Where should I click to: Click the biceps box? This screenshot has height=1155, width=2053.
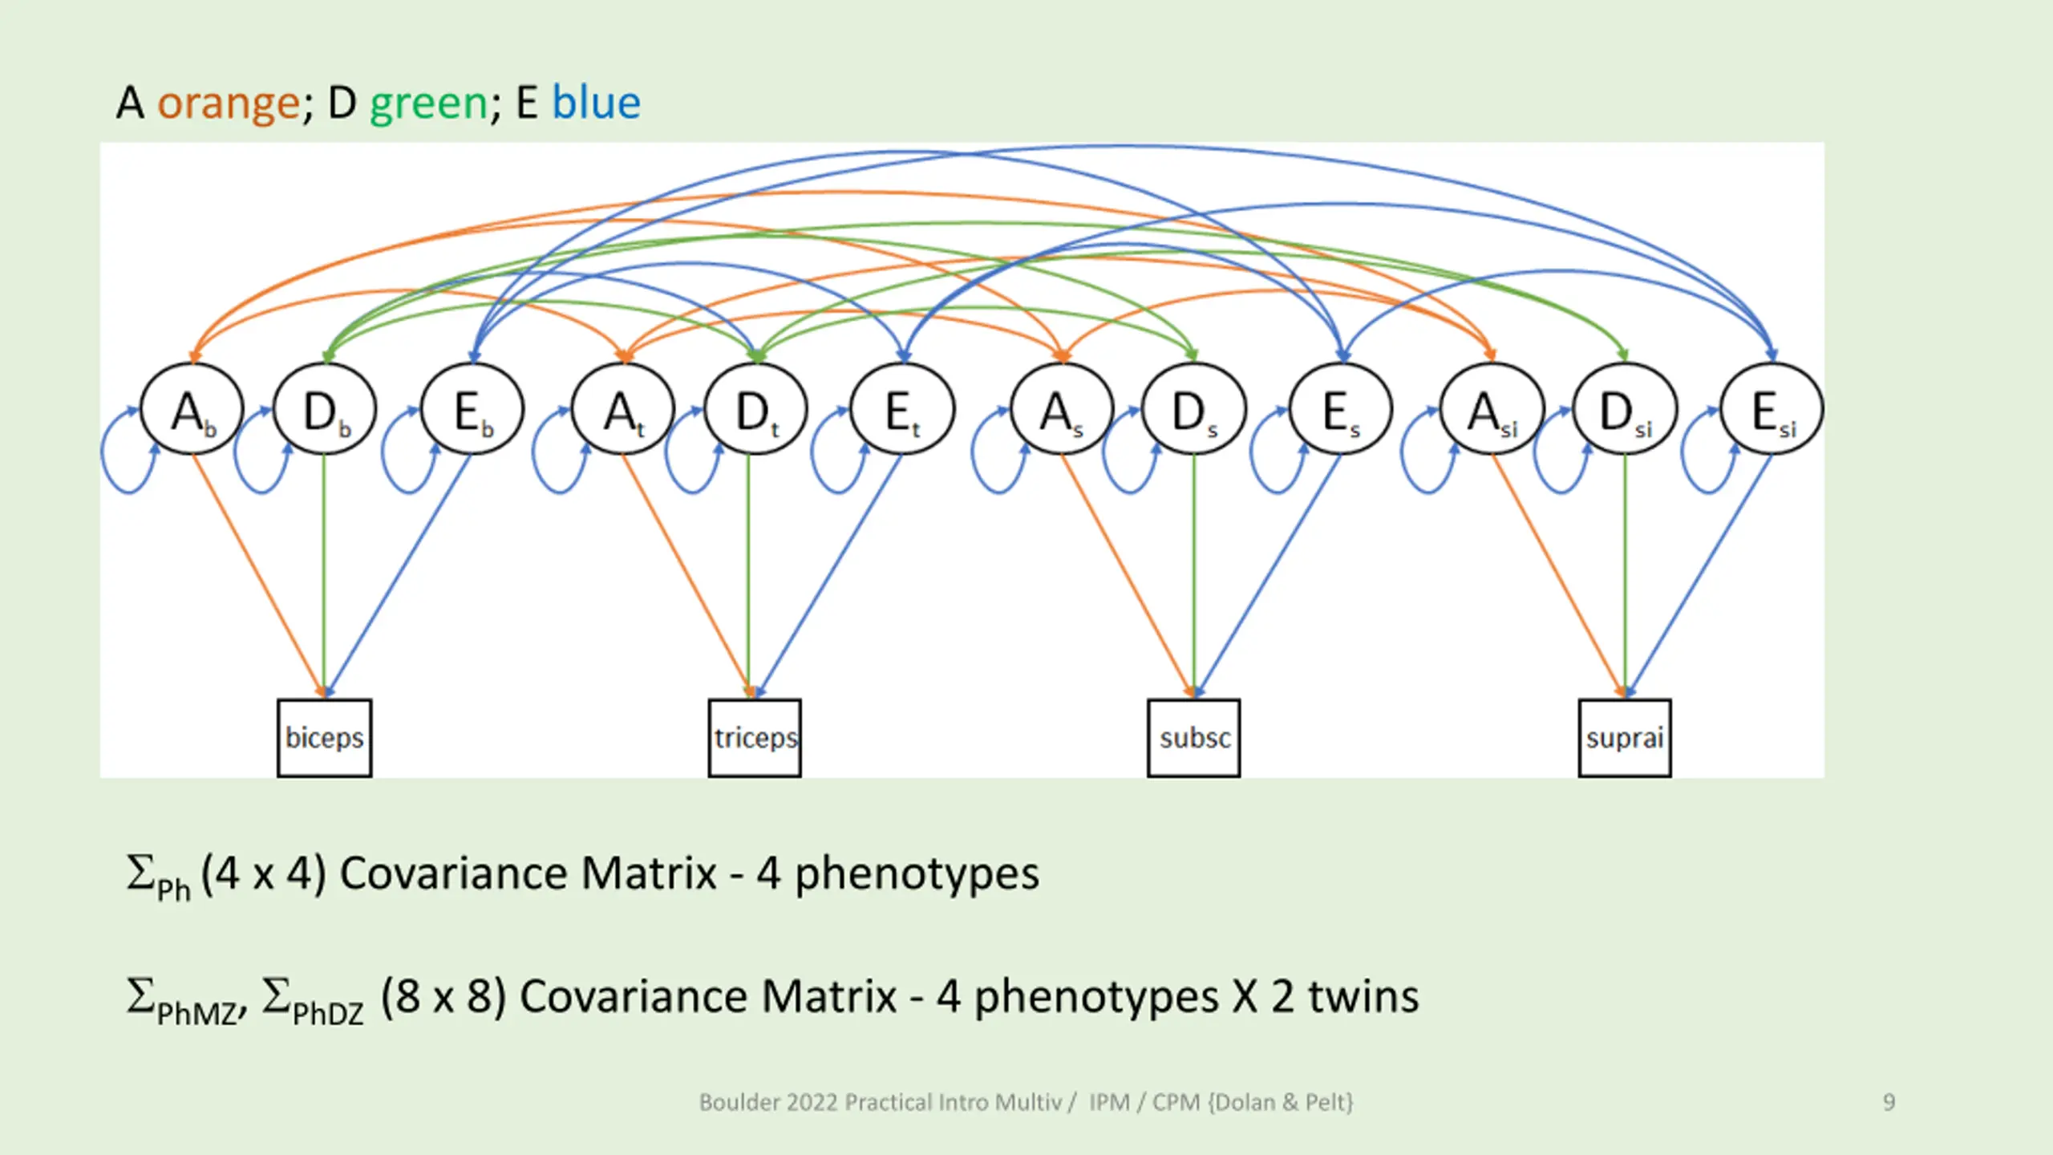point(324,738)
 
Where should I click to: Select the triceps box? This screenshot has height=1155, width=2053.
point(755,738)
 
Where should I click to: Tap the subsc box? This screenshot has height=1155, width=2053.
point(1193,738)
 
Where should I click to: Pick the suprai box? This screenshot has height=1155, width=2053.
point(1625,738)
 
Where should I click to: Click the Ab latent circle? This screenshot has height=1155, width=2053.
point(192,410)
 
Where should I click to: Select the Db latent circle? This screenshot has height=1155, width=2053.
point(324,410)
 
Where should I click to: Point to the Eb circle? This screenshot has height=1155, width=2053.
point(472,410)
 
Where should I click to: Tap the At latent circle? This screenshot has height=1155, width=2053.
point(622,410)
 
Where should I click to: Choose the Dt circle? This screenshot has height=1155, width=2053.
point(755,410)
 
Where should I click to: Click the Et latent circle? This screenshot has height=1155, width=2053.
point(902,410)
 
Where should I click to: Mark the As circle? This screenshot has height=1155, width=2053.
point(1062,410)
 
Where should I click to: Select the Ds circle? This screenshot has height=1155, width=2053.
point(1193,410)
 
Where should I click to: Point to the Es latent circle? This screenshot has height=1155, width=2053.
point(1341,410)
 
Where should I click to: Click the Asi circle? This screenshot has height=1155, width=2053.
point(1492,410)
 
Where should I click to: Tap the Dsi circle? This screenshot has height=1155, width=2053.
point(1625,410)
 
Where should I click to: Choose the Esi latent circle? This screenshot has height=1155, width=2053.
point(1772,410)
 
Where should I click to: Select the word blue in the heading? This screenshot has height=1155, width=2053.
point(596,103)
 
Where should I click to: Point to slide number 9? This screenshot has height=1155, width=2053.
point(1889,1102)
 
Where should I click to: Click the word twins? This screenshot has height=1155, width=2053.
point(1363,996)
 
